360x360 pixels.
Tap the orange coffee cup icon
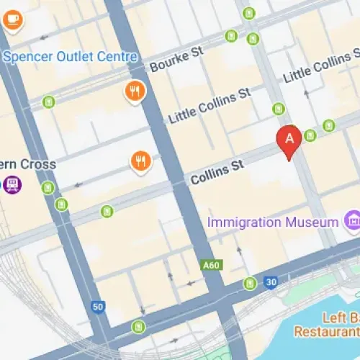12,22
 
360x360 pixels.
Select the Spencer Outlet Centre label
70,56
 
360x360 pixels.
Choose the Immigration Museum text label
272,222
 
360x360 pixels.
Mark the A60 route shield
212,266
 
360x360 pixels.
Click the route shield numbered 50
99,307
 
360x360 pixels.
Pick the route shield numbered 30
270,282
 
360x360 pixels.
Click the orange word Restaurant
326,332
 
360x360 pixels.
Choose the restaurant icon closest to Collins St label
141,161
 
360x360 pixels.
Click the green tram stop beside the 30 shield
250,283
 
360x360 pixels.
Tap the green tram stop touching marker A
310,135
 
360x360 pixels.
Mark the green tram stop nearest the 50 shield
139,327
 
